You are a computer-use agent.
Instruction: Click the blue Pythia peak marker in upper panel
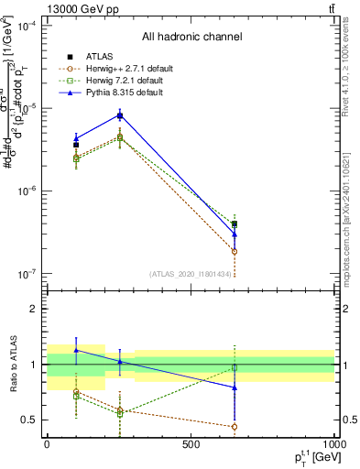pos(120,115)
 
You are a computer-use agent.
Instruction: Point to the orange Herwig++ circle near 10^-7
pos(235,251)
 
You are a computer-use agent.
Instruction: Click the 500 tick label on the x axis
pos(191,445)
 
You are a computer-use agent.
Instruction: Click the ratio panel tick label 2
pos(35,310)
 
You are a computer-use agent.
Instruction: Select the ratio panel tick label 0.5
pos(31,420)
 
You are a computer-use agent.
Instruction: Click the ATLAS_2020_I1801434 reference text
pos(191,273)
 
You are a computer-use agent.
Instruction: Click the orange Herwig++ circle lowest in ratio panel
pos(235,426)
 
